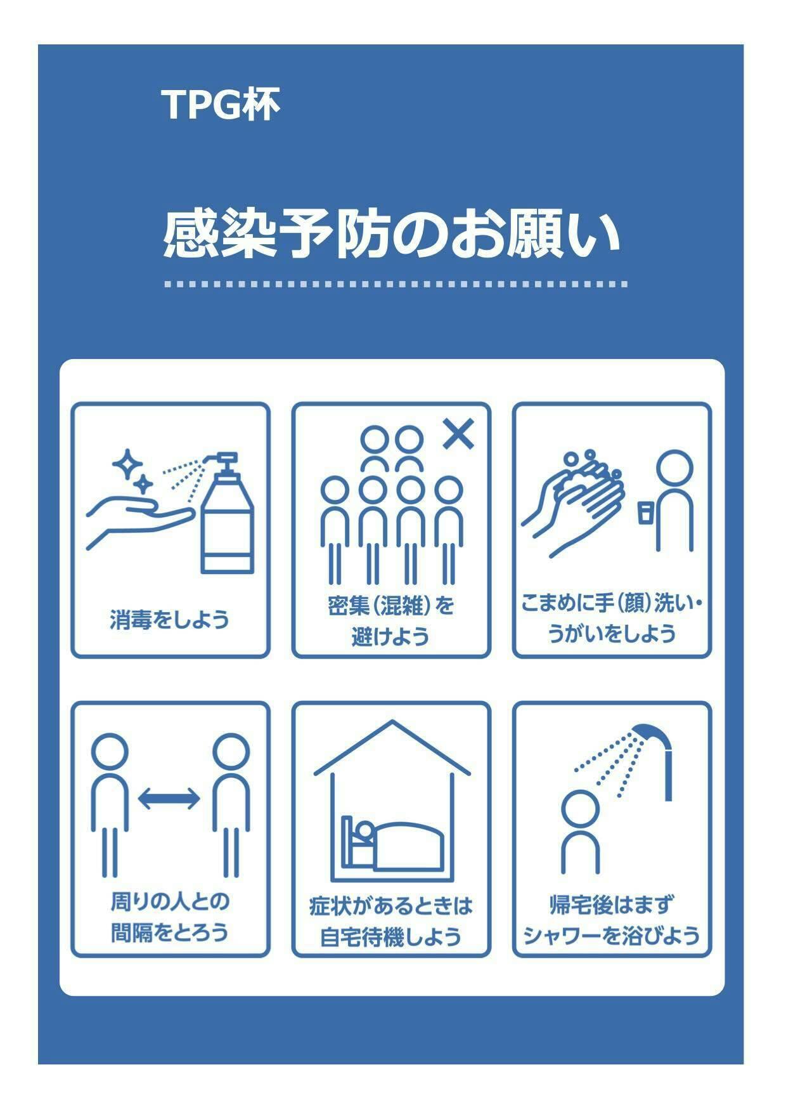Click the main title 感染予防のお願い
point(391,235)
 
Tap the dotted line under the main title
point(396,284)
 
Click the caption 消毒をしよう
point(169,619)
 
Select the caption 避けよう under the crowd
point(390,636)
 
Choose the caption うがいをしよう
point(612,633)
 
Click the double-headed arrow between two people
point(169,798)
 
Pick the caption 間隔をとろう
point(169,932)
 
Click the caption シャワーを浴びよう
point(612,936)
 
